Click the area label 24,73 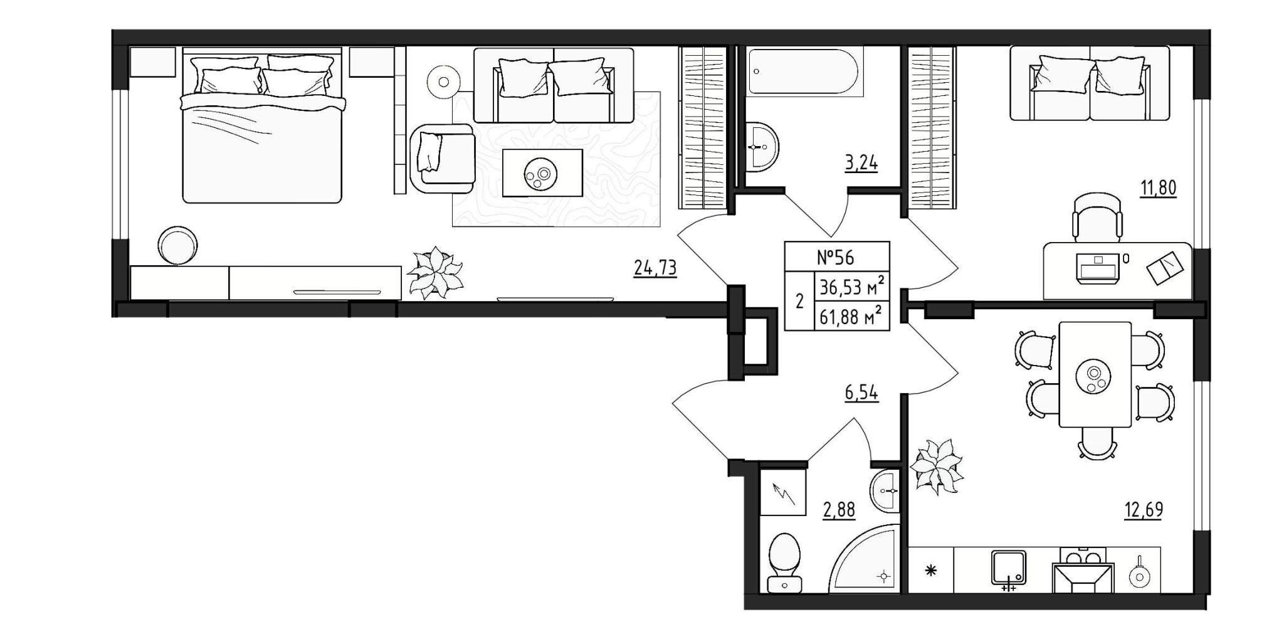tap(655, 268)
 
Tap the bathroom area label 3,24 tap(861, 164)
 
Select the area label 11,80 tap(1158, 187)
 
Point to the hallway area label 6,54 tap(861, 393)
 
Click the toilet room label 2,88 tap(838, 510)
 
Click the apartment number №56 tap(835, 257)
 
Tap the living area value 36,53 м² tap(852, 288)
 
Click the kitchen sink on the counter tap(1009, 568)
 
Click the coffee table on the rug tap(543, 172)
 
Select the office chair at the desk tap(1097, 216)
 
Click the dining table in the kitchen tap(1095, 374)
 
